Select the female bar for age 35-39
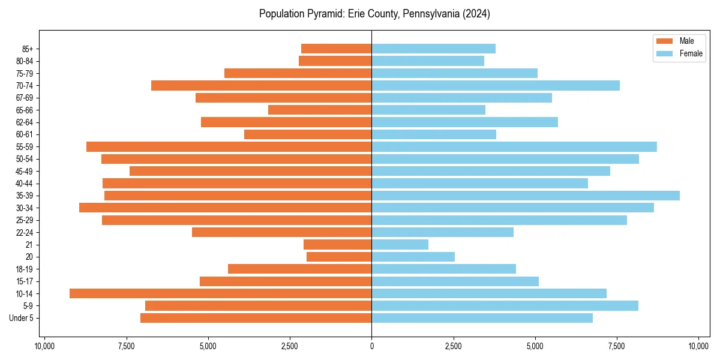point(526,196)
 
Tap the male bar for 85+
point(336,49)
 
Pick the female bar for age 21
point(400,245)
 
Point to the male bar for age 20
point(339,257)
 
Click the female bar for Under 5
point(482,318)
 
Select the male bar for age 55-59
point(229,146)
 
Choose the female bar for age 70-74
point(496,85)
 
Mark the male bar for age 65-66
point(320,110)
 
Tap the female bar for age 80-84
point(428,61)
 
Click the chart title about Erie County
point(374,14)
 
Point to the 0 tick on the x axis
point(371,346)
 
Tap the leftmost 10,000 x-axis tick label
point(44,346)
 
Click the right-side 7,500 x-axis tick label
point(617,346)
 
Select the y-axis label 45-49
point(24,171)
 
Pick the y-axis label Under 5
point(22,318)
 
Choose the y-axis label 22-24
point(24,232)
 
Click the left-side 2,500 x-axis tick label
point(290,346)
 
